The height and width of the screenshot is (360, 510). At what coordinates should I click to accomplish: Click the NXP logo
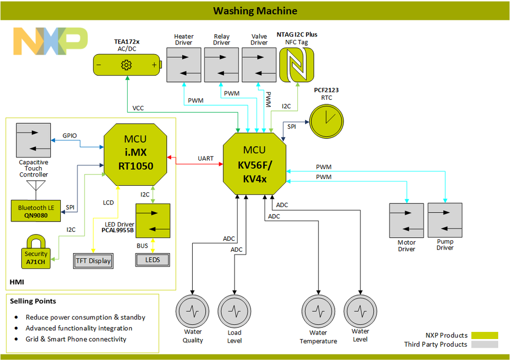point(50,41)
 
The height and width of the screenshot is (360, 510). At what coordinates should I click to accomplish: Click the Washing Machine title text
point(255,11)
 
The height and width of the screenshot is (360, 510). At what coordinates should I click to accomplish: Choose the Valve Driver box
point(259,65)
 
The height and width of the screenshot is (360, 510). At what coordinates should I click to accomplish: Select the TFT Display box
point(94,261)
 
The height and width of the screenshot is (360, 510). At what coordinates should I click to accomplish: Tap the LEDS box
point(152,260)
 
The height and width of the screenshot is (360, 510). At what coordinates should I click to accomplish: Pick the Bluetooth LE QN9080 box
point(36,212)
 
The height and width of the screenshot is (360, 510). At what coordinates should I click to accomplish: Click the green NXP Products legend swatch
point(484,335)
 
